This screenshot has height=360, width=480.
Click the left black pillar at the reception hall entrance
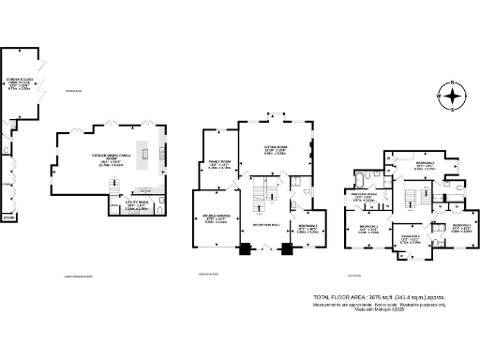click(x=246, y=249)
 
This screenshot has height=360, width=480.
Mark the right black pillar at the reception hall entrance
click(x=289, y=249)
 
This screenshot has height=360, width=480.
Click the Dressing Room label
click(x=364, y=197)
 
